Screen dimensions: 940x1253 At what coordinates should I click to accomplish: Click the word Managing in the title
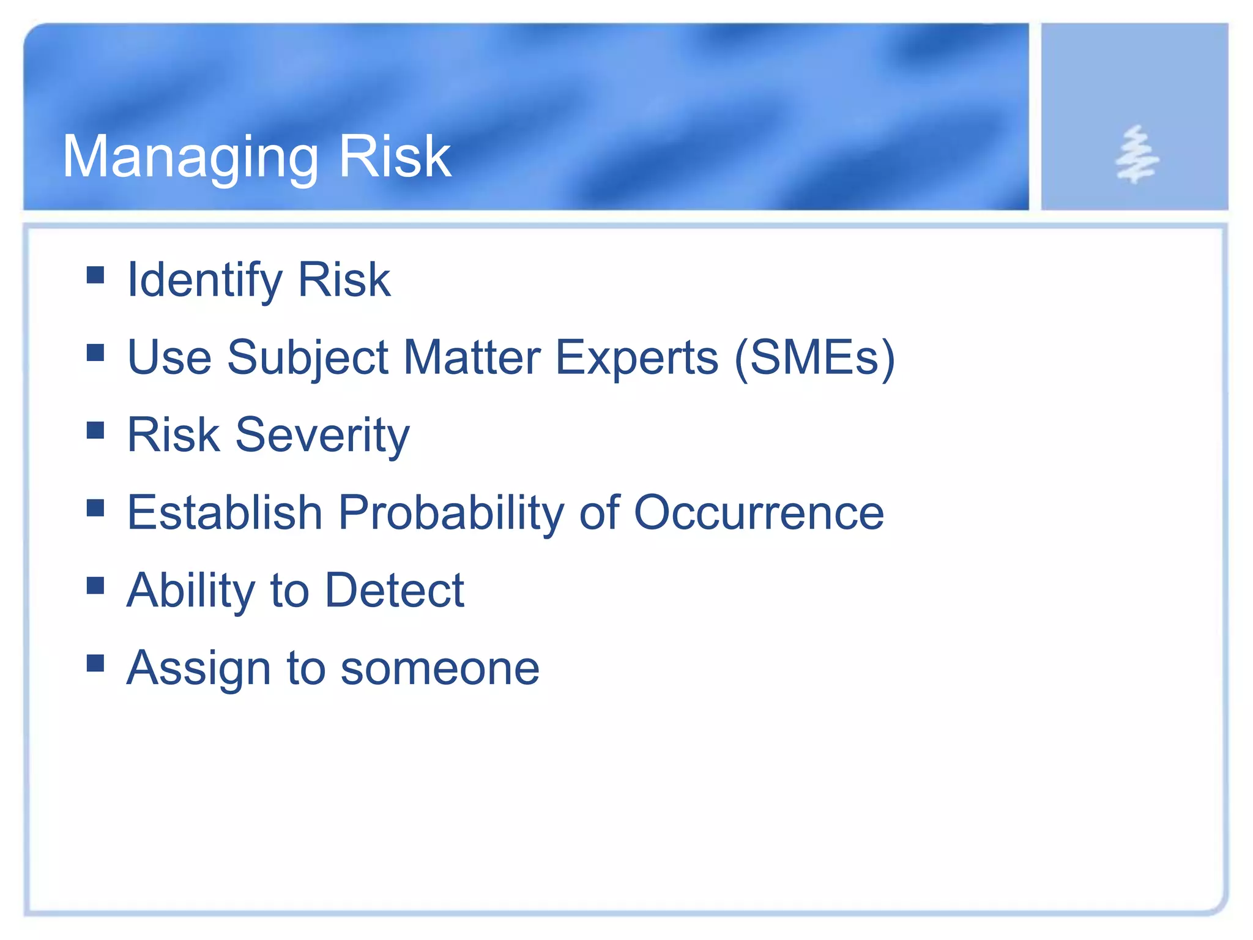pyautogui.click(x=190, y=158)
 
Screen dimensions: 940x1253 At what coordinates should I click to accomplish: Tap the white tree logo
pyautogui.click(x=1136, y=154)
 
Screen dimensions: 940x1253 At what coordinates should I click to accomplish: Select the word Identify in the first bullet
pyautogui.click(x=204, y=280)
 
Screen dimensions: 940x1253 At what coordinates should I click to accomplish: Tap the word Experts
pyautogui.click(x=636, y=358)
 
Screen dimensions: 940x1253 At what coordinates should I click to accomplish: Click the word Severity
pyautogui.click(x=322, y=435)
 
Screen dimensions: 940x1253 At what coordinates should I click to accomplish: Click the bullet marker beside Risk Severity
pyautogui.click(x=95, y=430)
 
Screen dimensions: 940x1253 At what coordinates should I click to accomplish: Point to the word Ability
pyautogui.click(x=190, y=591)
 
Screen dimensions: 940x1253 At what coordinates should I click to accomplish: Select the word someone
pyautogui.click(x=440, y=668)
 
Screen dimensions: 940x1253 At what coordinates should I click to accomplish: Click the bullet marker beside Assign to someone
pyautogui.click(x=95, y=663)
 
